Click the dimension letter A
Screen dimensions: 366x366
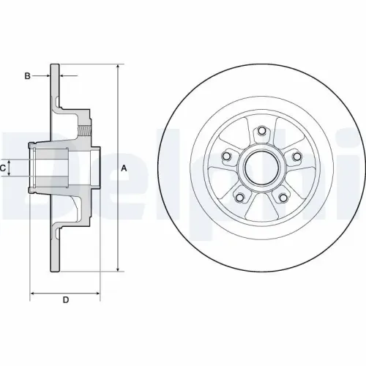click(x=124, y=168)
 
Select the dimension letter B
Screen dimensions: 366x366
click(x=27, y=75)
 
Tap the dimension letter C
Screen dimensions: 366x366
click(x=4, y=168)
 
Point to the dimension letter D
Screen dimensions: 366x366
click(x=65, y=299)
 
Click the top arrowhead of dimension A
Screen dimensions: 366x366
click(x=118, y=67)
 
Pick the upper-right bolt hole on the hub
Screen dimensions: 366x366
click(x=296, y=155)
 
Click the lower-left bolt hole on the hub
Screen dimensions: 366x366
click(x=239, y=196)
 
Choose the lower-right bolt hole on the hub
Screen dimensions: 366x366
click(x=283, y=196)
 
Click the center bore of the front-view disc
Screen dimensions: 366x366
click(x=261, y=167)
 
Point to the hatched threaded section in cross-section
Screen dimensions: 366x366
click(x=86, y=132)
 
